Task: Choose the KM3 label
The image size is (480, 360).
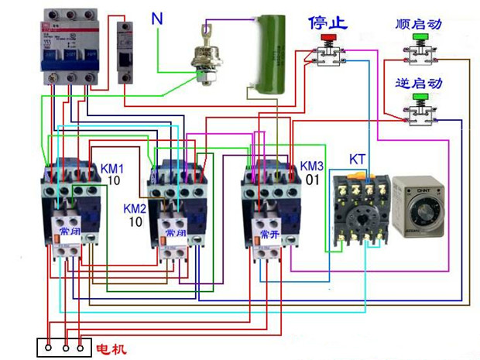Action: (311, 166)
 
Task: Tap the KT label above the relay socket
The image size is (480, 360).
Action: (357, 159)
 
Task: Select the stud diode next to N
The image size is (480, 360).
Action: (207, 58)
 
